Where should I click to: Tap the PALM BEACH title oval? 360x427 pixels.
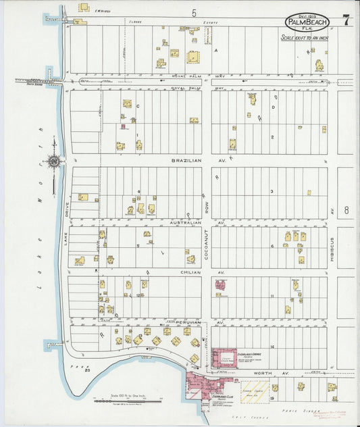pyautogui.click(x=307, y=22)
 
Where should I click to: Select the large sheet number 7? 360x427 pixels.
pyautogui.click(x=345, y=20)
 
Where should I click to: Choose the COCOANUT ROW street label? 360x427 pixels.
pyautogui.click(x=207, y=244)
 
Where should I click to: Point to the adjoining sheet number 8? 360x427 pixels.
pyautogui.click(x=346, y=210)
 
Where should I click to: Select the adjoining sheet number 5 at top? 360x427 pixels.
pyautogui.click(x=193, y=13)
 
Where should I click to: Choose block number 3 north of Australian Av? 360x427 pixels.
pyautogui.click(x=272, y=191)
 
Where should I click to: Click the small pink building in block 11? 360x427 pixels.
pyautogui.click(x=220, y=284)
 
